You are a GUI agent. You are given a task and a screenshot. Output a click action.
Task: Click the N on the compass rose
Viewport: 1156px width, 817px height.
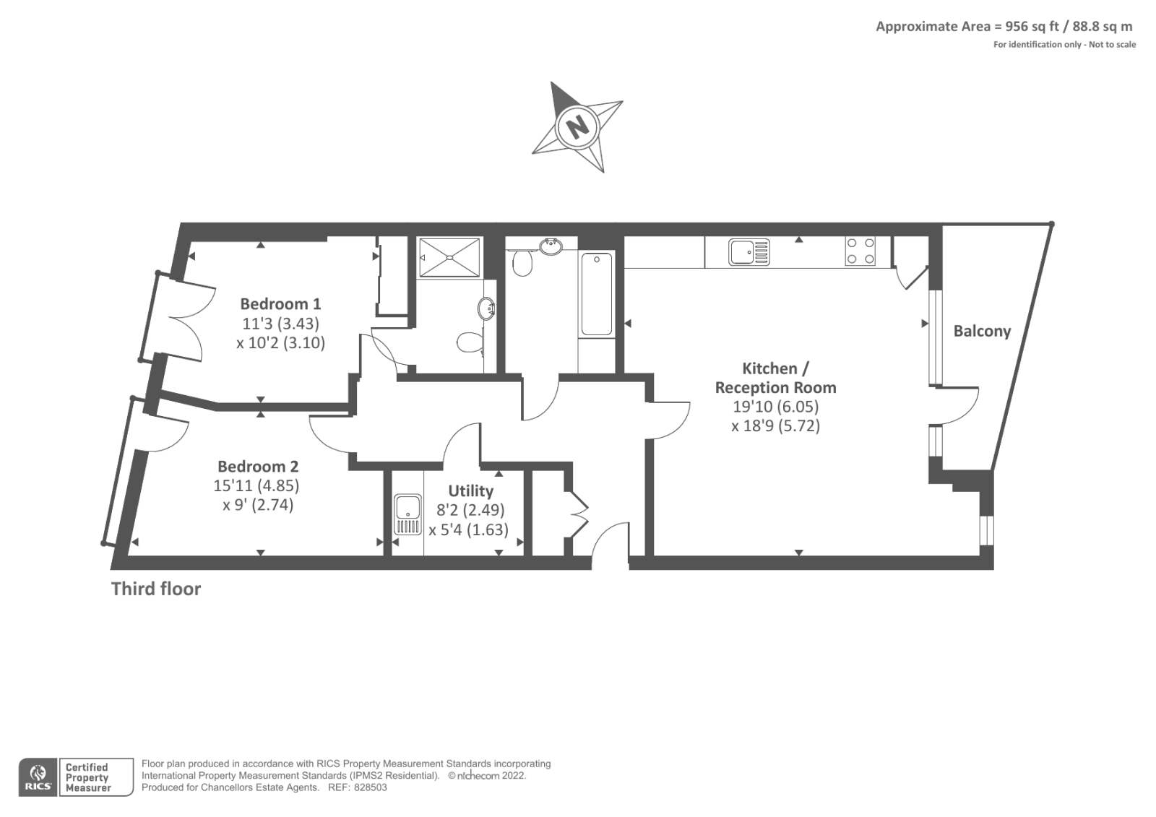[578, 127]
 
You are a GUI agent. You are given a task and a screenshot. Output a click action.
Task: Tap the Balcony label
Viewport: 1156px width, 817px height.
[982, 332]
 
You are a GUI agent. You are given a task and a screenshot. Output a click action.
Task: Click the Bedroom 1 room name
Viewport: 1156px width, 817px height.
[280, 304]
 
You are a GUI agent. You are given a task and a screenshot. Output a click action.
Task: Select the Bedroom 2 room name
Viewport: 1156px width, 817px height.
[258, 467]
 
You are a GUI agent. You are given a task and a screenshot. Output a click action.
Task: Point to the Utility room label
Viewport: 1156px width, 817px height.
[470, 491]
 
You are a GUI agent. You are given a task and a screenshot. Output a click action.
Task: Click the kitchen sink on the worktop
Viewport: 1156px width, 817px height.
[749, 252]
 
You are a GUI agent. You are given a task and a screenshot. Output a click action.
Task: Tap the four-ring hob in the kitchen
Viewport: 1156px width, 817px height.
[860, 251]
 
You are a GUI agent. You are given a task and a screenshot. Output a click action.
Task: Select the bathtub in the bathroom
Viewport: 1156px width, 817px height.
[597, 293]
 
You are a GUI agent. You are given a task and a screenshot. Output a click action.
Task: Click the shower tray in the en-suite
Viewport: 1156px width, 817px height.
[449, 256]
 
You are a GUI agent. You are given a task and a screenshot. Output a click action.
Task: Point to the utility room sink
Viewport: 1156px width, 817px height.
[407, 514]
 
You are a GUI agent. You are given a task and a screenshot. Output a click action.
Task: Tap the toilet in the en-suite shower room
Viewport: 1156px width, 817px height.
[470, 341]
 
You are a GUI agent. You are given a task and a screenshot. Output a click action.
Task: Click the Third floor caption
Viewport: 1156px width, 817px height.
[156, 589]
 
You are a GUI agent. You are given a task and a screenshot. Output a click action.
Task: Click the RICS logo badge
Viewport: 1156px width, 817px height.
[38, 777]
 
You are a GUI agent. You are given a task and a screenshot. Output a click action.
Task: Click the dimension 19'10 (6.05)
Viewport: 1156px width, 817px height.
[775, 407]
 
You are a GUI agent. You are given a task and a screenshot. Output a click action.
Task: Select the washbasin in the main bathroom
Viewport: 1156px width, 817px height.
[551, 246]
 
